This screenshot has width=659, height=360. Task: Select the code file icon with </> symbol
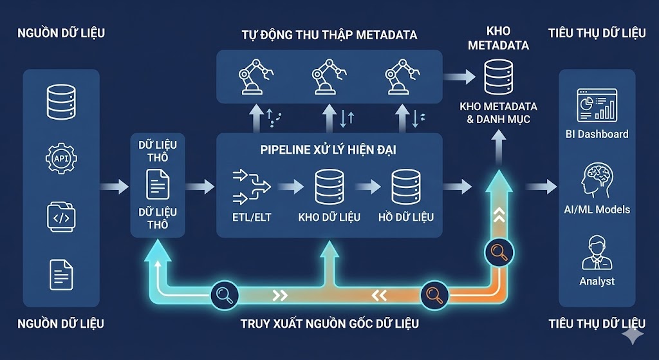click(x=61, y=218)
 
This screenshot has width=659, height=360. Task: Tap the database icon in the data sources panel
click(x=61, y=101)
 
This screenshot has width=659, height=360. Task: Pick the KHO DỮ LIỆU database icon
click(x=329, y=187)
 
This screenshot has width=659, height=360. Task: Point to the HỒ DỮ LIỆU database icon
click(x=406, y=187)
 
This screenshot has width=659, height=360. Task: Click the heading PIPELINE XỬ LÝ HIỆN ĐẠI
click(x=328, y=150)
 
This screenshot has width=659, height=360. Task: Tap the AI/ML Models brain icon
click(x=597, y=180)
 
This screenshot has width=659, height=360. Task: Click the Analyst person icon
click(x=597, y=252)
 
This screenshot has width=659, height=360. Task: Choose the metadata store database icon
click(x=499, y=77)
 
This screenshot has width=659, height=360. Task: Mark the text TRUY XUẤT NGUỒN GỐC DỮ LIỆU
click(x=329, y=323)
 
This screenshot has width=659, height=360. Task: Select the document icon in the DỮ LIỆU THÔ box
click(x=158, y=184)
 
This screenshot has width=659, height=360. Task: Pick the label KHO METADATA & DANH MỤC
click(x=499, y=113)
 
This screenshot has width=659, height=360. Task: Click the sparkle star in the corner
click(x=632, y=335)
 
